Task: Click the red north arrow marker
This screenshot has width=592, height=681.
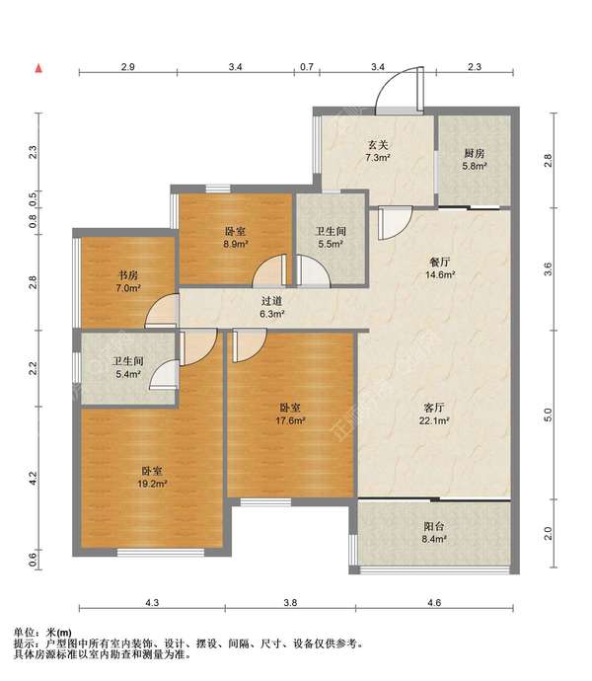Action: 38,68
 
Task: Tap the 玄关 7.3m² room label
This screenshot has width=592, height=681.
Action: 378,151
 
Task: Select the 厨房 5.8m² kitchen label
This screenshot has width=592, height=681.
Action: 475,159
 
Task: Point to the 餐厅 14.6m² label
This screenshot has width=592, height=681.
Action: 440,268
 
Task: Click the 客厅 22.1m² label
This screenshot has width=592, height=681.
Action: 434,414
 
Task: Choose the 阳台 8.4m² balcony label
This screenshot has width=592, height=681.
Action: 434,533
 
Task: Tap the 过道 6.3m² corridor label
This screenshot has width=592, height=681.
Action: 272,307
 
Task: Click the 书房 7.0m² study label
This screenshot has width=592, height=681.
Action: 128,281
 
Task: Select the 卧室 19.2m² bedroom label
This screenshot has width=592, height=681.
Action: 152,477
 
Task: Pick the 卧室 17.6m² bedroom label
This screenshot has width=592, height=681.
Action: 290,414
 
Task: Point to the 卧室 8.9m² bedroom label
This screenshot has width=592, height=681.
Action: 236,237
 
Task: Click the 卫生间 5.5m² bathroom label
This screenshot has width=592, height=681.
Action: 331,237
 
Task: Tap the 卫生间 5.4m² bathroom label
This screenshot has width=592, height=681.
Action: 127,367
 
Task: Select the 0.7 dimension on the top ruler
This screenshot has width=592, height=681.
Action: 307,67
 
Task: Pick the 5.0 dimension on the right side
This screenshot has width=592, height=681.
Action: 548,415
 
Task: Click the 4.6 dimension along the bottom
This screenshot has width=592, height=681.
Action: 434,602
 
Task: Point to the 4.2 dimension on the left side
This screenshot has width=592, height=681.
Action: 33,478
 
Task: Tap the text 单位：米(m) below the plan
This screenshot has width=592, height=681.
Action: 42,633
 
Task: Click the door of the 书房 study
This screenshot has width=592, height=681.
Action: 162,311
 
